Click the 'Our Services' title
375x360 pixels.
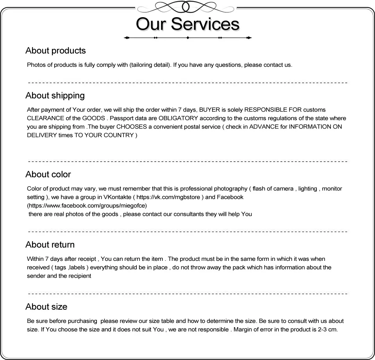coord(187,24)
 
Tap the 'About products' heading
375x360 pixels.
coord(55,51)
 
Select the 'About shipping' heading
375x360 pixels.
coord(55,96)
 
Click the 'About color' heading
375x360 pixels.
coord(48,175)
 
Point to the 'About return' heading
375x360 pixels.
coord(50,245)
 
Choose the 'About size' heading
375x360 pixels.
coord(46,307)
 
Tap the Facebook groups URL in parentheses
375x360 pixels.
coord(87,205)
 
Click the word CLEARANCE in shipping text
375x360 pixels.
coord(45,118)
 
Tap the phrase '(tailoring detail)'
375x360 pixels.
coord(150,65)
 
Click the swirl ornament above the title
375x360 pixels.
coord(188,7)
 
